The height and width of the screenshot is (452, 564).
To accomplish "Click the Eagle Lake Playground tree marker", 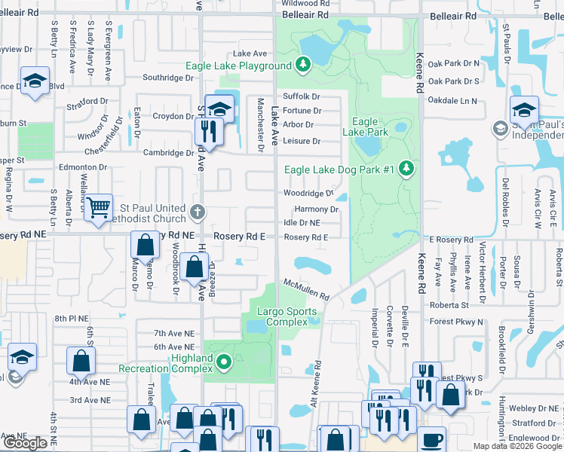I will (303, 66).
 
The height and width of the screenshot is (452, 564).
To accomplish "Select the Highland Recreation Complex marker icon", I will (223, 364).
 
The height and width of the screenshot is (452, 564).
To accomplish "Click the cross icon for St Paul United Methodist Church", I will (198, 212).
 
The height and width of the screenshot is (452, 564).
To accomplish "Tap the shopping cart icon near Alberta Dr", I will (98, 208).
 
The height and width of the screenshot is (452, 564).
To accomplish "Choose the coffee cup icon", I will (432, 440).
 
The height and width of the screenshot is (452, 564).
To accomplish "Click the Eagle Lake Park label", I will (365, 127).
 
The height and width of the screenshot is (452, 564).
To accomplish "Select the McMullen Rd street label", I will (307, 289).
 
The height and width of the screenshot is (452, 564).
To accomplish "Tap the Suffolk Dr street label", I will (302, 96).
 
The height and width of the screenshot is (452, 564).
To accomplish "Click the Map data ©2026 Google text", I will (517, 446).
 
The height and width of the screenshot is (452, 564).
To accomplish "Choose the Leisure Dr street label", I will (302, 141).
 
